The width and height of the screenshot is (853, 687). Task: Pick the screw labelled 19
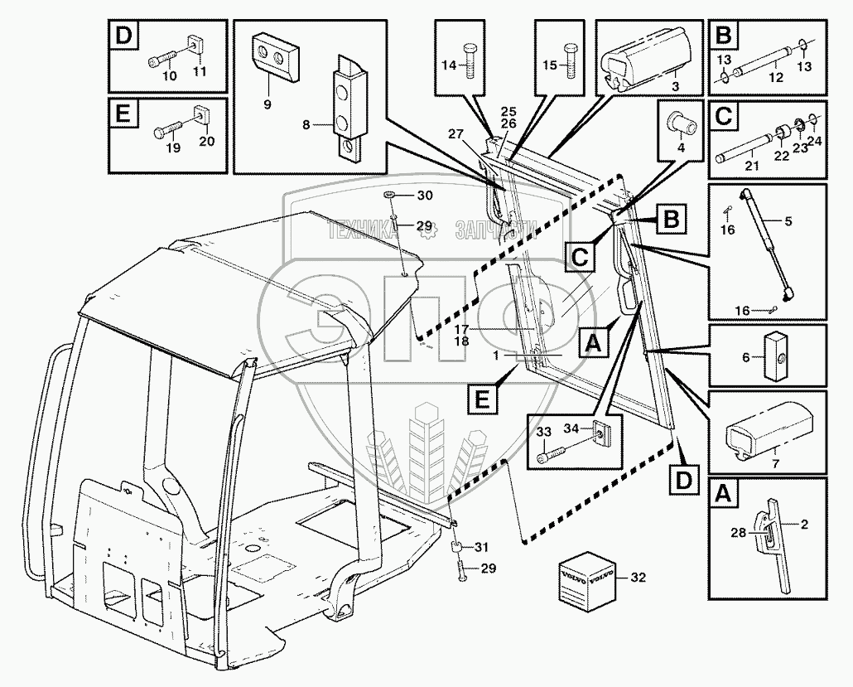click(x=165, y=130)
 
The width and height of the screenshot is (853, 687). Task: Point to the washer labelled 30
click(x=395, y=196)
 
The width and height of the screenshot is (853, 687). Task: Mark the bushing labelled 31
click(x=455, y=548)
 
